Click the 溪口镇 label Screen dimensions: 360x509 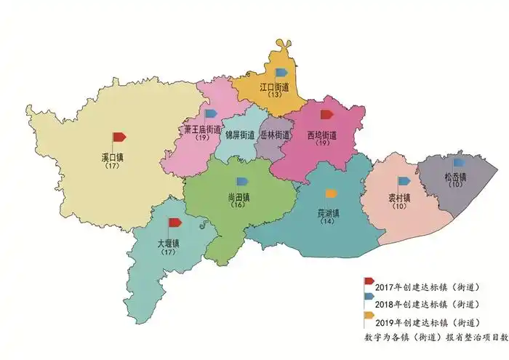click(112, 157)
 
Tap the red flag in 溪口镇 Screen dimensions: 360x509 click(118, 137)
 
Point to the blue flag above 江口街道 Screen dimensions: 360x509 click(281, 72)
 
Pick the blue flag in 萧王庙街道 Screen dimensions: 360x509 click(210, 113)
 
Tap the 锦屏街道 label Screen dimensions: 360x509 click(239, 135)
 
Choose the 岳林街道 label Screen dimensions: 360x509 click(275, 135)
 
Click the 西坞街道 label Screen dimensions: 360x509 click(321, 135)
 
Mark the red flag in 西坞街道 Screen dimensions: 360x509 click(326, 114)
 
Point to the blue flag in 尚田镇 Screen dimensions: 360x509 click(242, 181)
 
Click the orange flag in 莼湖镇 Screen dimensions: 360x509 click(331, 193)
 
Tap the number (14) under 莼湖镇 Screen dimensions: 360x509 click(329, 221)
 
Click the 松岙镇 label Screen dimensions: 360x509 click(455, 177)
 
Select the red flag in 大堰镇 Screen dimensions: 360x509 click(175, 223)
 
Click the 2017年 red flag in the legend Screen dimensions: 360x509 click(369, 281)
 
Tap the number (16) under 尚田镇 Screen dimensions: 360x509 click(237, 205)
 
